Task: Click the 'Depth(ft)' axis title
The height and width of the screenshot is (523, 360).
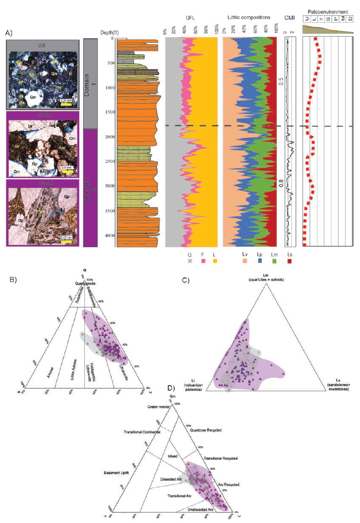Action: point(108,33)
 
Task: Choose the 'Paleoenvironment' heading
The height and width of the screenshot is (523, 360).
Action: point(329,10)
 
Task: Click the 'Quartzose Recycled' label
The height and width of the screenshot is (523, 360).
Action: point(208,429)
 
